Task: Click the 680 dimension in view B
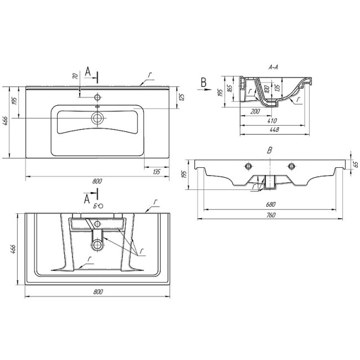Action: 271,204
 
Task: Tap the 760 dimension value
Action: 271,215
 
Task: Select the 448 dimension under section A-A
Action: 274,130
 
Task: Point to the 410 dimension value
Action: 272,121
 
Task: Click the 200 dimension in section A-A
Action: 255,111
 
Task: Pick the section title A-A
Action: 273,67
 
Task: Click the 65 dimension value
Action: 356,164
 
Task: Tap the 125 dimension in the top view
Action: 182,97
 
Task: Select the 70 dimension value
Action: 76,75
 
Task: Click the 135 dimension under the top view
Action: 157,172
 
